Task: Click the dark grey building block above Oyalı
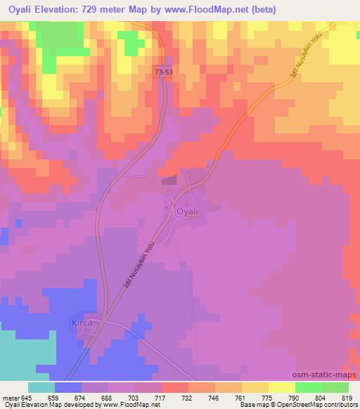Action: [x=170, y=181]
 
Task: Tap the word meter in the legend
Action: [x=10, y=397]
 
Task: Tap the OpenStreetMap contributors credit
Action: [x=321, y=405]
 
